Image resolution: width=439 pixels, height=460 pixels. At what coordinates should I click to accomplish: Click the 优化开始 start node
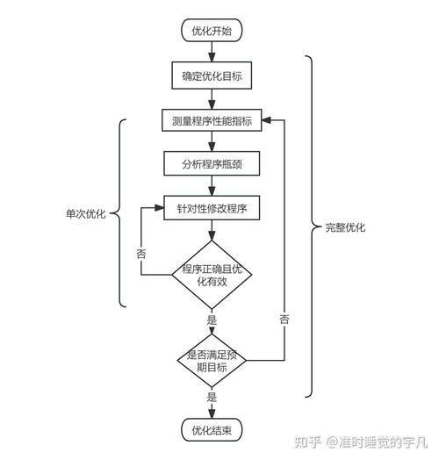pos(212,31)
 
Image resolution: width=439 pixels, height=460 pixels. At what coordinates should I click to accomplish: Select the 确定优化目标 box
pos(212,76)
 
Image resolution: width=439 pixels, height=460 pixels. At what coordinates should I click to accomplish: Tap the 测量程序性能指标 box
pos(212,121)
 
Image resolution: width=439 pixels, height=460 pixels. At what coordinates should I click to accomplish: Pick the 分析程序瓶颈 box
pos(212,164)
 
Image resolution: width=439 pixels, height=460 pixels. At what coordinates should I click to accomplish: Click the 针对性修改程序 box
pos(212,209)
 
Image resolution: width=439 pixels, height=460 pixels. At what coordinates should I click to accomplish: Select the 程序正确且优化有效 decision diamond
pos(212,275)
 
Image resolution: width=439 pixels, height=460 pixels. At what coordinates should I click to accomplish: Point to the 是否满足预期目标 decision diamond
pos(212,360)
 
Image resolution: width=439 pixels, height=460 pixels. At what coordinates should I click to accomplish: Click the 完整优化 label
pos(345,227)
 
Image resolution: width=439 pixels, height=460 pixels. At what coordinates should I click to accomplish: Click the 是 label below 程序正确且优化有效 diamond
pos(212,320)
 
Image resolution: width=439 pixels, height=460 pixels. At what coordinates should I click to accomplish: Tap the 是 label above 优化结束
pos(212,398)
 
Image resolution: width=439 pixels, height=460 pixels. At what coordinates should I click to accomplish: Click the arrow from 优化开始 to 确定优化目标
pos(212,52)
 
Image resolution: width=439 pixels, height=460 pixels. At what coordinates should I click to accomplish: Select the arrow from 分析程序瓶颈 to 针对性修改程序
pos(212,186)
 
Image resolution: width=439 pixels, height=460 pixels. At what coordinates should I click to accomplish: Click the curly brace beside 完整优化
pos(312,227)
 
